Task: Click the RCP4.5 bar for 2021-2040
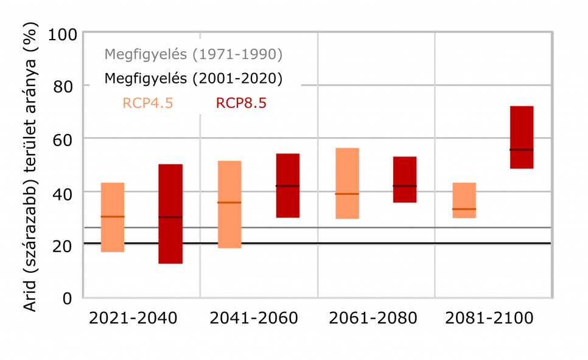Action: coord(113,217)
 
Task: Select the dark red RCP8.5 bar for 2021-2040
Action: coord(170,214)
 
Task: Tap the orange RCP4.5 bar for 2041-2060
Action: coord(229,204)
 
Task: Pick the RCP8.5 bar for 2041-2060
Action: coord(288,185)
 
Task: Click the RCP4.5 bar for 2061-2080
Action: coord(347,183)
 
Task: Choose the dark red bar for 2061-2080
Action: coord(405,179)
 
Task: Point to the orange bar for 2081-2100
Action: coord(464,200)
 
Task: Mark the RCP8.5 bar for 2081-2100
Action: coord(522,137)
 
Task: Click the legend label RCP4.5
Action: coord(148,103)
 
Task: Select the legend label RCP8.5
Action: coord(241,103)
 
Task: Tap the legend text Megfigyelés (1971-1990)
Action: coord(194,54)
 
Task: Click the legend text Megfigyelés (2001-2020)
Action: coord(194,79)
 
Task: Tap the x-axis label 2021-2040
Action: coord(133,319)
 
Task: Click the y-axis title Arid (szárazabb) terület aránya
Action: coord(32,168)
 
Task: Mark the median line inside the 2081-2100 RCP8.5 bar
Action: coord(522,149)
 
